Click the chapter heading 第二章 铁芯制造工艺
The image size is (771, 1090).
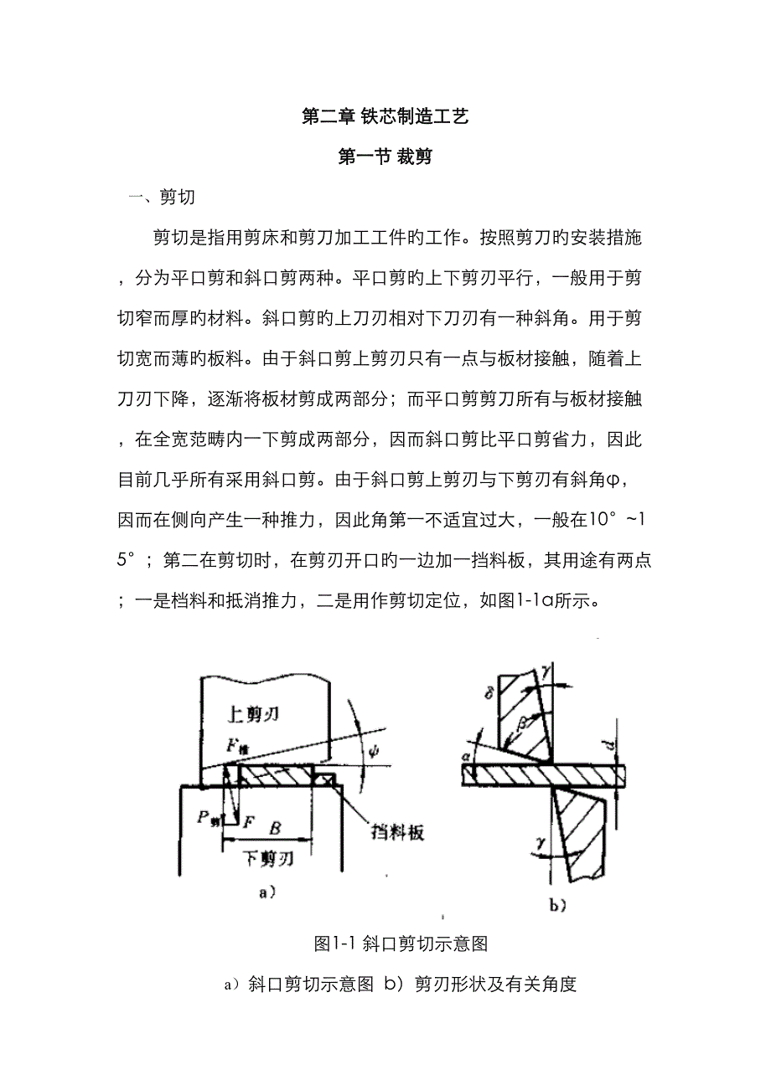[x=385, y=118]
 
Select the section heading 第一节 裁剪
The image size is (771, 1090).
[x=385, y=157]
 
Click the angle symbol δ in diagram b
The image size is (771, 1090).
[x=489, y=694]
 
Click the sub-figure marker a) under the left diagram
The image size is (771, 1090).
[x=266, y=893]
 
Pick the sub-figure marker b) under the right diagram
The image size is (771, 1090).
[x=558, y=904]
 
